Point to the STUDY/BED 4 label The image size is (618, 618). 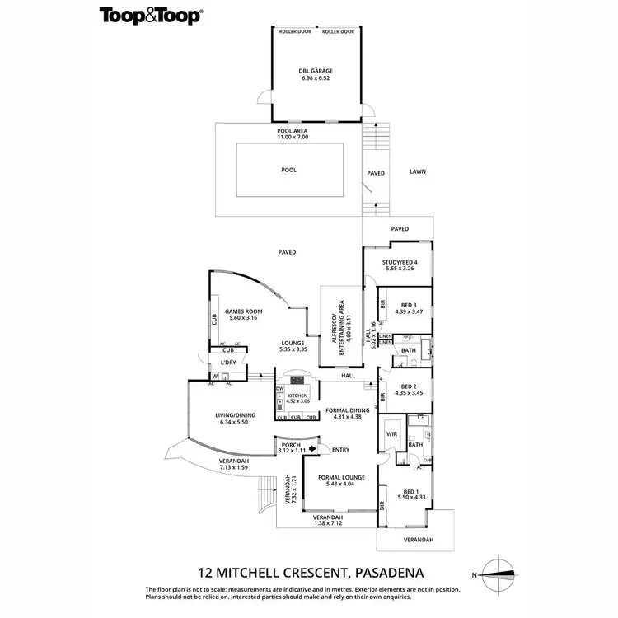[405, 263]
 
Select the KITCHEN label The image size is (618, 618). [297, 396]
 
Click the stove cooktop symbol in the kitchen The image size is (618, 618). [297, 381]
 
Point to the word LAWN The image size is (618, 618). [419, 172]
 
